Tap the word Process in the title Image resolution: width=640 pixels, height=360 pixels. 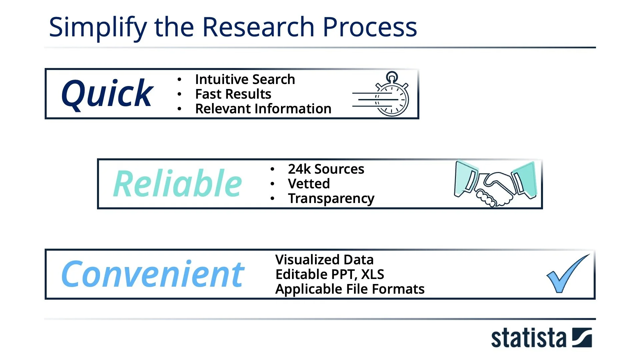370,27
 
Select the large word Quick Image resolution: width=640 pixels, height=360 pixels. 107,94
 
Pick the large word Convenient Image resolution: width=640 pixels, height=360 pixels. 153,274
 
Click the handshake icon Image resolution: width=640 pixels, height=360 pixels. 495,184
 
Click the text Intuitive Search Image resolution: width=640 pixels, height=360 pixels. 245,79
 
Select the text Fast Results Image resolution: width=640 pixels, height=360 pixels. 233,94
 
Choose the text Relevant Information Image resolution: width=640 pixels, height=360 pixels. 263,109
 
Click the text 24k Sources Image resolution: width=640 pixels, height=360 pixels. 326,169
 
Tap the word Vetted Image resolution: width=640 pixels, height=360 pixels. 309,184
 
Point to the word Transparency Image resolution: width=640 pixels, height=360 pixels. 331,198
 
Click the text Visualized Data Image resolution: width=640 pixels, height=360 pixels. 324,260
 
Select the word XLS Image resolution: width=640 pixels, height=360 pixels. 373,274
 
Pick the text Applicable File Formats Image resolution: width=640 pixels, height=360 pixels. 350,289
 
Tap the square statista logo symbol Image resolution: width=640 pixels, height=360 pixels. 582,338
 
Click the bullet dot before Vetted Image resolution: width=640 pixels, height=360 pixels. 272,184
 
